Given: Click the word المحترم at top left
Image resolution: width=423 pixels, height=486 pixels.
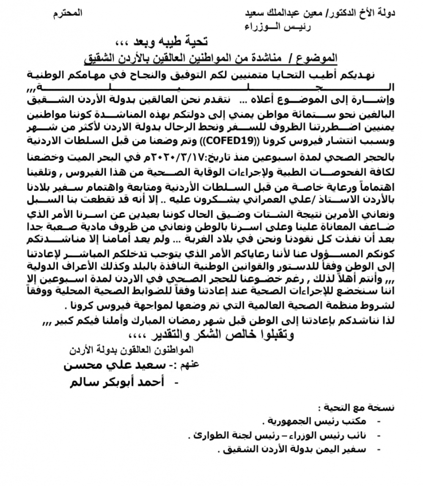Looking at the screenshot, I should pos(68,13).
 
